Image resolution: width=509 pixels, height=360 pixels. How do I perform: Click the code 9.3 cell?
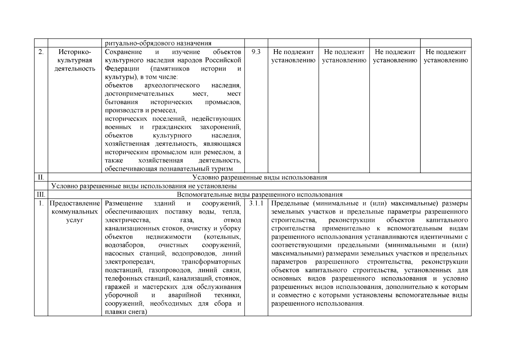(256, 52)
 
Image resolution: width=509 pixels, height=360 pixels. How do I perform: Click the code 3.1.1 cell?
(256, 203)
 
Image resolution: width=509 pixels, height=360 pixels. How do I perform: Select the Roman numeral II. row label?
(41, 177)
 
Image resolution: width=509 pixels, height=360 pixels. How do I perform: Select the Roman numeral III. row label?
(41, 194)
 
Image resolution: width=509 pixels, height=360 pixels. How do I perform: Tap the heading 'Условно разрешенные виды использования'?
(259, 177)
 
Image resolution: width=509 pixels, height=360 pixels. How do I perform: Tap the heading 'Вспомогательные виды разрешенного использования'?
(259, 194)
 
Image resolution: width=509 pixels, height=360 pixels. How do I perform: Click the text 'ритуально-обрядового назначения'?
(158, 43)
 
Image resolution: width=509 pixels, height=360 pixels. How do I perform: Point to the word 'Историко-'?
(74, 52)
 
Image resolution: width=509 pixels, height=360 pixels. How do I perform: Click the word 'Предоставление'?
(74, 203)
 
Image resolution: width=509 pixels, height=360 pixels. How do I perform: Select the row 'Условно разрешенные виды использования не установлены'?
(144, 186)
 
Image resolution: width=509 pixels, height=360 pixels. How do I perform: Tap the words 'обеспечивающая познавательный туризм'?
(169, 169)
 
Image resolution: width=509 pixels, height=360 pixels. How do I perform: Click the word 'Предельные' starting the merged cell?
(290, 203)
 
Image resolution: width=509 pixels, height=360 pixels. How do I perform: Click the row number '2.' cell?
(41, 52)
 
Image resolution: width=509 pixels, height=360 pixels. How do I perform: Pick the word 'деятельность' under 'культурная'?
(74, 69)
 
